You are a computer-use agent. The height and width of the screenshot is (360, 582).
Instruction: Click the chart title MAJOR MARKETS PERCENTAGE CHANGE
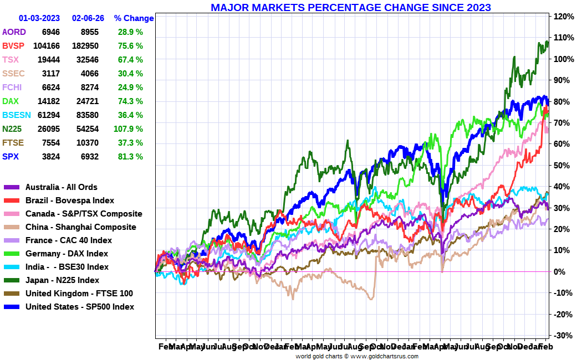[x=351, y=8]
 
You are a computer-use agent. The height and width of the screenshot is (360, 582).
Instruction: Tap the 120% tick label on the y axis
[x=562, y=17]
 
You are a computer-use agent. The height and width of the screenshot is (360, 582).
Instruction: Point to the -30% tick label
[x=562, y=336]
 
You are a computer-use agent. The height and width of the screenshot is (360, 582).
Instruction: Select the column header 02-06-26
[x=89, y=18]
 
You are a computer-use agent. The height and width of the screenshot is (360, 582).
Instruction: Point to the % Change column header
[x=134, y=18]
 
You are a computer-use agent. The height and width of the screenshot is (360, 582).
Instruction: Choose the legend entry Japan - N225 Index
[x=62, y=280]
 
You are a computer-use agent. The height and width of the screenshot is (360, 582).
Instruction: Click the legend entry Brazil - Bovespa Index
[x=70, y=200]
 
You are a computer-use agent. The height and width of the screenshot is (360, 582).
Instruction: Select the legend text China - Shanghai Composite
[x=80, y=227]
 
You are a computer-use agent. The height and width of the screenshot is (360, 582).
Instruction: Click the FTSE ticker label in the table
[x=13, y=143]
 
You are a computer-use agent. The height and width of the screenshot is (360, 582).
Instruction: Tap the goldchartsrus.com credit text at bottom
[x=357, y=356]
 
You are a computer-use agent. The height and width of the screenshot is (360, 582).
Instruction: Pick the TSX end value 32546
[x=87, y=60]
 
